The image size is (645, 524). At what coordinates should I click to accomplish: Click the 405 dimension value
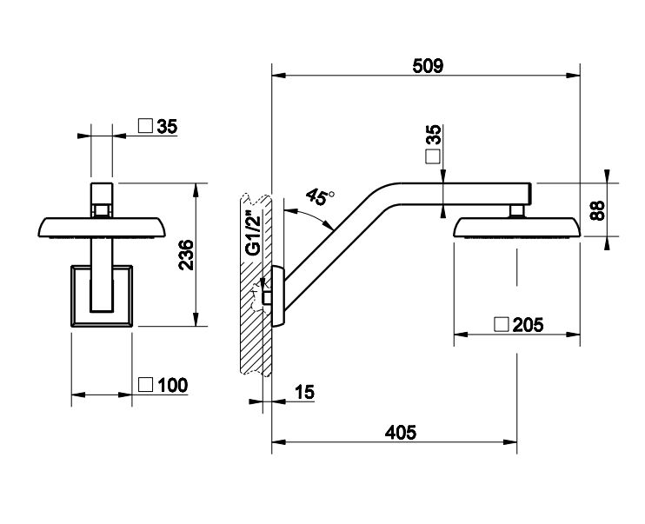pyautogui.click(x=400, y=431)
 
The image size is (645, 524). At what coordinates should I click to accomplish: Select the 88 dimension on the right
pyautogui.click(x=596, y=210)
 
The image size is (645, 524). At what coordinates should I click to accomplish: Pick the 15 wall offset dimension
pyautogui.click(x=303, y=392)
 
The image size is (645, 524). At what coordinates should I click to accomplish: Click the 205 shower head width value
pyautogui.click(x=528, y=325)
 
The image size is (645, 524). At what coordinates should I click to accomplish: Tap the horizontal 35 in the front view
pyautogui.click(x=167, y=126)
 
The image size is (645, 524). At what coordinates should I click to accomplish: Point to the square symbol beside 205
pyautogui.click(x=501, y=325)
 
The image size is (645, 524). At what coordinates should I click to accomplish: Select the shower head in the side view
pyautogui.click(x=516, y=229)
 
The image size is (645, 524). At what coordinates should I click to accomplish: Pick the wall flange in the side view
pyautogui.click(x=277, y=295)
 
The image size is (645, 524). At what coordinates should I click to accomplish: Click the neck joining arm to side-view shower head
pyautogui.click(x=516, y=209)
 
